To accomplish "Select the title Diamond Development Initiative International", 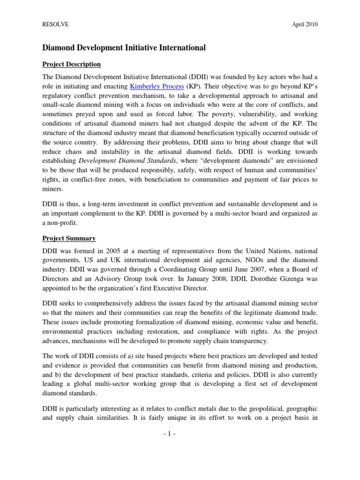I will pos(124,47).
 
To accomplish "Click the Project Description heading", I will pos(71,64).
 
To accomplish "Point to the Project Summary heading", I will pos(69,239).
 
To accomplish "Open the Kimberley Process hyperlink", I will pos(157,86).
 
